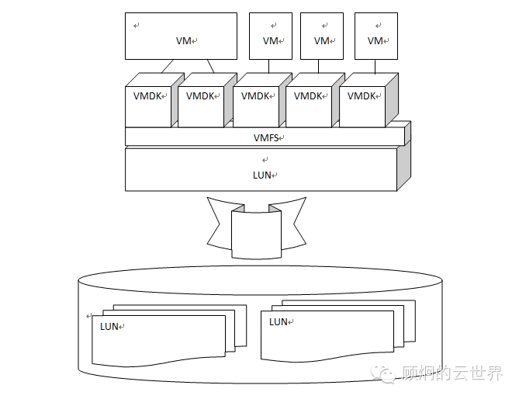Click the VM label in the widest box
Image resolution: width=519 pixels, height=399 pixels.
coord(184,41)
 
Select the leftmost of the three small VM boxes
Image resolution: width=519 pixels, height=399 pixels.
coord(270,36)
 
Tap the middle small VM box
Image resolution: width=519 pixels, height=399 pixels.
coord(321,36)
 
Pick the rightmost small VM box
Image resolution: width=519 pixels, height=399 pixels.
coord(375,36)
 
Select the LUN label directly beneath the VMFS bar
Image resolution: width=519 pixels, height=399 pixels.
coord(262,175)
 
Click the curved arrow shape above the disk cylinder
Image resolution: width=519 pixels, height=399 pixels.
coord(257,228)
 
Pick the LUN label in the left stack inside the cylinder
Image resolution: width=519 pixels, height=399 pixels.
coord(110,327)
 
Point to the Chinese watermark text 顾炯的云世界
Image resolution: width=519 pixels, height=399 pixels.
coord(452,375)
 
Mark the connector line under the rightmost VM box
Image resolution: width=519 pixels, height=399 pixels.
coord(375,67)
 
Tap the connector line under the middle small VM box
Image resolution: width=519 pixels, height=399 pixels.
coord(322,67)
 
